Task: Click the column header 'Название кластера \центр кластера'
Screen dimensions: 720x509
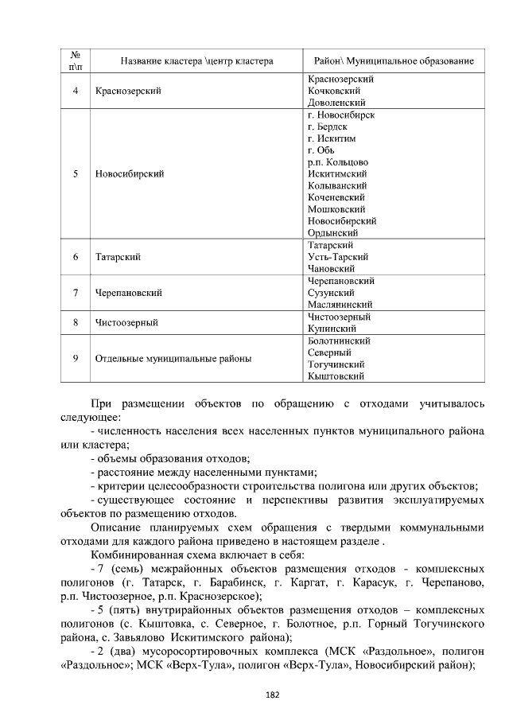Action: (196, 61)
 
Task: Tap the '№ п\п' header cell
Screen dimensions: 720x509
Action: (75, 61)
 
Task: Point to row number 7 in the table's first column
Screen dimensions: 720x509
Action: (75, 293)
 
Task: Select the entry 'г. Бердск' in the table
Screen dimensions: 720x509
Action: (327, 126)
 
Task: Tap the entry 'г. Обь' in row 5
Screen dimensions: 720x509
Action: (321, 150)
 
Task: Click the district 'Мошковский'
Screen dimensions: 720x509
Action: (335, 208)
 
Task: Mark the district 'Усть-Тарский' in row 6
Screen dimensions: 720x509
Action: (337, 258)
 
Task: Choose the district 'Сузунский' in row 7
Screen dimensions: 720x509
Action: (330, 293)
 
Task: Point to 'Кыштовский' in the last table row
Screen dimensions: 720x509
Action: (336, 376)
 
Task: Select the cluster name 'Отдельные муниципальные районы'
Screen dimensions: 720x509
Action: (173, 358)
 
